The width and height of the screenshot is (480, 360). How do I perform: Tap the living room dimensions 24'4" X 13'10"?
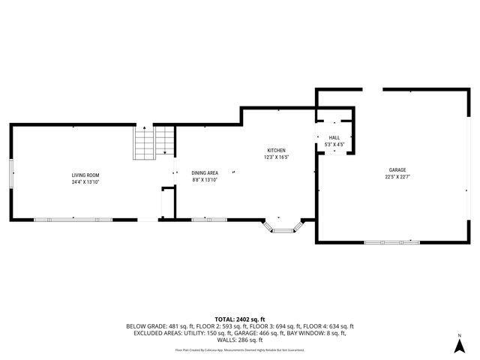(x=85, y=181)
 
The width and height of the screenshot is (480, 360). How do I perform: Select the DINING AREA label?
(x=205, y=172)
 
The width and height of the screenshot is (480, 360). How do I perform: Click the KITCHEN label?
(x=277, y=150)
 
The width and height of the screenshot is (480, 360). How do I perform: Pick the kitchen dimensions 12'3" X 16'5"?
(x=277, y=157)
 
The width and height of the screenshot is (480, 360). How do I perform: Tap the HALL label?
(x=334, y=138)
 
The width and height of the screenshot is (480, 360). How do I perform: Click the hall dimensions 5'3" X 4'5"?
(x=334, y=145)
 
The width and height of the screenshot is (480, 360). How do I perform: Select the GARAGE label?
(x=397, y=170)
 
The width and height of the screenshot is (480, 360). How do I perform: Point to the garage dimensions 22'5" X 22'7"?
(x=397, y=177)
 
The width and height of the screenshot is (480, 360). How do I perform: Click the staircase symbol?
(x=154, y=143)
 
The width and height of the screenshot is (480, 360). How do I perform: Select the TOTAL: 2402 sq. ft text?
(x=239, y=319)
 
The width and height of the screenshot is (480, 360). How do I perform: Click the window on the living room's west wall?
(x=11, y=174)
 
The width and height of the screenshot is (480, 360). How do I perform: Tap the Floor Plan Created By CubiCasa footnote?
(x=239, y=349)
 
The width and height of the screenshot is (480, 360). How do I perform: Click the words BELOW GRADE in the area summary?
(x=145, y=325)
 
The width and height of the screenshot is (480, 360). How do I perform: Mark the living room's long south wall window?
(x=73, y=220)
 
